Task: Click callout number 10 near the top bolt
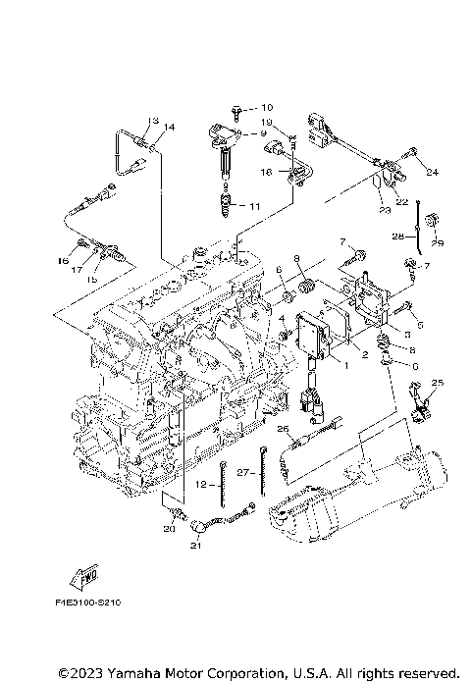click(268, 106)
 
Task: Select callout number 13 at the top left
click(152, 121)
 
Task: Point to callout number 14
click(170, 127)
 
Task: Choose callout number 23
click(381, 209)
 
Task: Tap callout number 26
click(282, 429)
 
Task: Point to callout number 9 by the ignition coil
click(264, 132)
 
